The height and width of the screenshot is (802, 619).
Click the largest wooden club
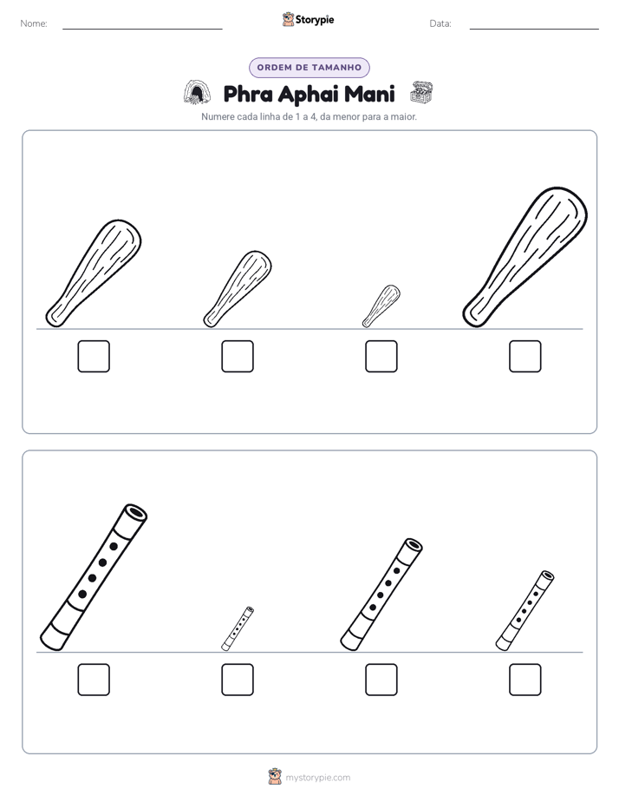pos(525,257)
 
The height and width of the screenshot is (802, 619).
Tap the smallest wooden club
pos(381,306)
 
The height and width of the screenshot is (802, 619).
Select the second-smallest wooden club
pos(238,289)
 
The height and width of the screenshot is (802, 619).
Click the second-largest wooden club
pos(94,273)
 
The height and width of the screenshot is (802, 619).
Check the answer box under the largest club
pos(525,357)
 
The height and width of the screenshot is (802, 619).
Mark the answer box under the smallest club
pos(381,357)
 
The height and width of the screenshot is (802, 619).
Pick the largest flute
pos(94,577)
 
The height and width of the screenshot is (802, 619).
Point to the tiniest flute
pos(238,628)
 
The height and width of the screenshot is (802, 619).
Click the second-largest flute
pos(381,595)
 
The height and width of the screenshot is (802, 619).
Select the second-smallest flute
pos(525,611)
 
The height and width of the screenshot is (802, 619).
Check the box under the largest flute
pos(94,680)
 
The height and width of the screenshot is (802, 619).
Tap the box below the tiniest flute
pos(238,680)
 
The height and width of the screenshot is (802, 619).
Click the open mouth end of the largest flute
pos(136,512)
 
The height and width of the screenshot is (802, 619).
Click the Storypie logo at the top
pos(309,19)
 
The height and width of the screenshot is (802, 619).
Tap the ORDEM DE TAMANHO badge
pos(309,68)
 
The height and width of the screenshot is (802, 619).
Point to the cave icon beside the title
pos(197,93)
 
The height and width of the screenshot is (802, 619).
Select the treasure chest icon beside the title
pos(421,93)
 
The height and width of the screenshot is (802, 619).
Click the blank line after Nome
pos(142,29)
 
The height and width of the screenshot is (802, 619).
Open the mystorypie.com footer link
pos(317,778)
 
